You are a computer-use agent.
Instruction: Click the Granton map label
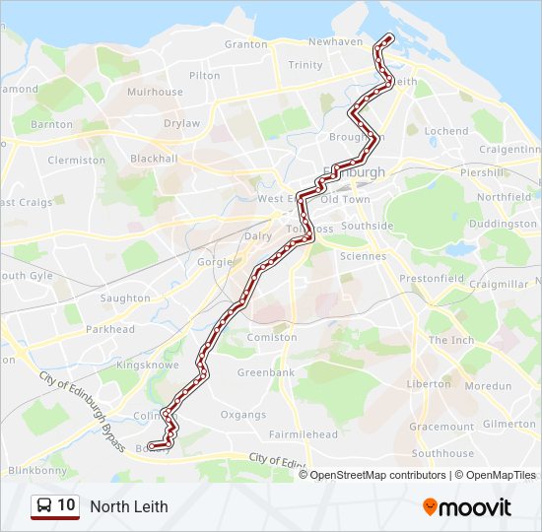tap(245, 44)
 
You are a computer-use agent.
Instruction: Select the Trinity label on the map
tap(305, 65)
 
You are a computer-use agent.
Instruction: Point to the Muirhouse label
tap(155, 92)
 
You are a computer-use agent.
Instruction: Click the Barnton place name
tap(51, 125)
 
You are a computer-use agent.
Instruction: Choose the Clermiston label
tap(76, 160)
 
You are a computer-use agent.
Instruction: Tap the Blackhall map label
tap(154, 159)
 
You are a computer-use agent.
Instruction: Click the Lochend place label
tap(445, 131)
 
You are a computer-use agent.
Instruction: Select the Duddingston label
tap(504, 224)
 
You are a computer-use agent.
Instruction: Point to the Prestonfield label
tap(431, 279)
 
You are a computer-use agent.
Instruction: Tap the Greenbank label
tap(266, 373)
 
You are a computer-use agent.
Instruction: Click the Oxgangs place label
tap(242, 415)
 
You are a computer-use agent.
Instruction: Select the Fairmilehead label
tap(304, 434)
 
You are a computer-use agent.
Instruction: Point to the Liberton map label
tap(429, 383)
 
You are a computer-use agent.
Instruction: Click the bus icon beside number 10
tap(44, 505)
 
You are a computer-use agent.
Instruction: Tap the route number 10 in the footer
tap(66, 505)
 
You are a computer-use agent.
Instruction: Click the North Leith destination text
tap(129, 506)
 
